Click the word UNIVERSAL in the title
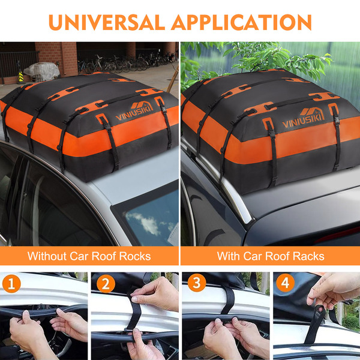pos(107,22)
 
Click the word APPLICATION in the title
pos(241,22)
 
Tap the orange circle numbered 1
pos(11,284)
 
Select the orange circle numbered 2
pos(106,284)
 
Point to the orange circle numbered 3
pos(197,283)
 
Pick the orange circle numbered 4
pos(285,283)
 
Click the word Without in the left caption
pos(47,256)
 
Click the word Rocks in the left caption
pos(135,256)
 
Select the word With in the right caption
pos(229,256)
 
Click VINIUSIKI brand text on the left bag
pos(134,113)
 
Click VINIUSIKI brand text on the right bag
pos(303,121)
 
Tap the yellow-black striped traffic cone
pos(20,77)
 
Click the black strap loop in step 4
pos(315,324)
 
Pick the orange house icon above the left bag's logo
pos(142,106)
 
